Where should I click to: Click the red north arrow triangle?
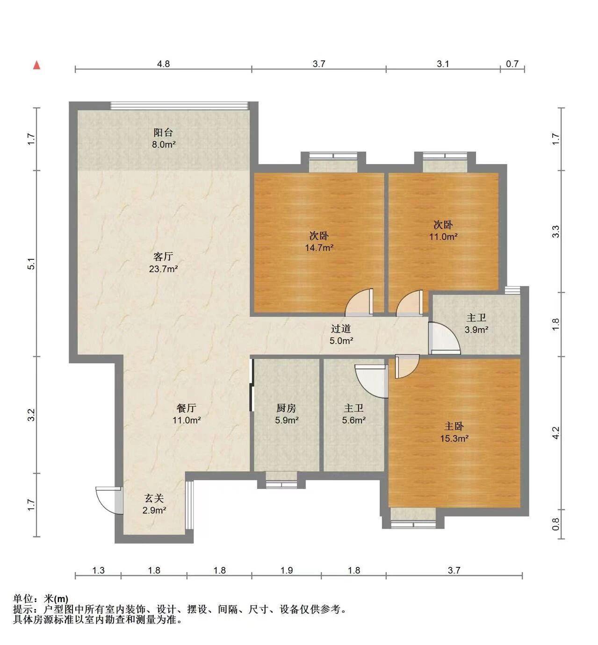coord(37,65)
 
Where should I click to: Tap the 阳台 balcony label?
coord(163,132)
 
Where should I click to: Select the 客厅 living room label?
coord(163,257)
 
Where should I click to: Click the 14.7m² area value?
coord(319,248)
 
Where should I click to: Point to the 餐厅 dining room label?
coord(186,408)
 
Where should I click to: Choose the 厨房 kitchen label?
coord(286,408)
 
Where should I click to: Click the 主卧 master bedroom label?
coord(454,426)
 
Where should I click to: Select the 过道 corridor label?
coord(341,329)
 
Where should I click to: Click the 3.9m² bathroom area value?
coord(476,330)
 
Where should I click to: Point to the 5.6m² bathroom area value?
coord(354,420)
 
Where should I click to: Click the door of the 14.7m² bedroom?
coord(359,302)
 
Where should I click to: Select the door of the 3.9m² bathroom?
coord(444,338)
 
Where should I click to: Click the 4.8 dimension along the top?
coord(164,64)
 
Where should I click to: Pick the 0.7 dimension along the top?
coord(512,64)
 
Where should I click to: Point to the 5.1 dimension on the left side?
coord(31,264)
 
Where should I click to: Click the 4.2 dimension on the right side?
coord(556,433)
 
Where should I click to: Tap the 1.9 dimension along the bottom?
coord(287,570)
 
